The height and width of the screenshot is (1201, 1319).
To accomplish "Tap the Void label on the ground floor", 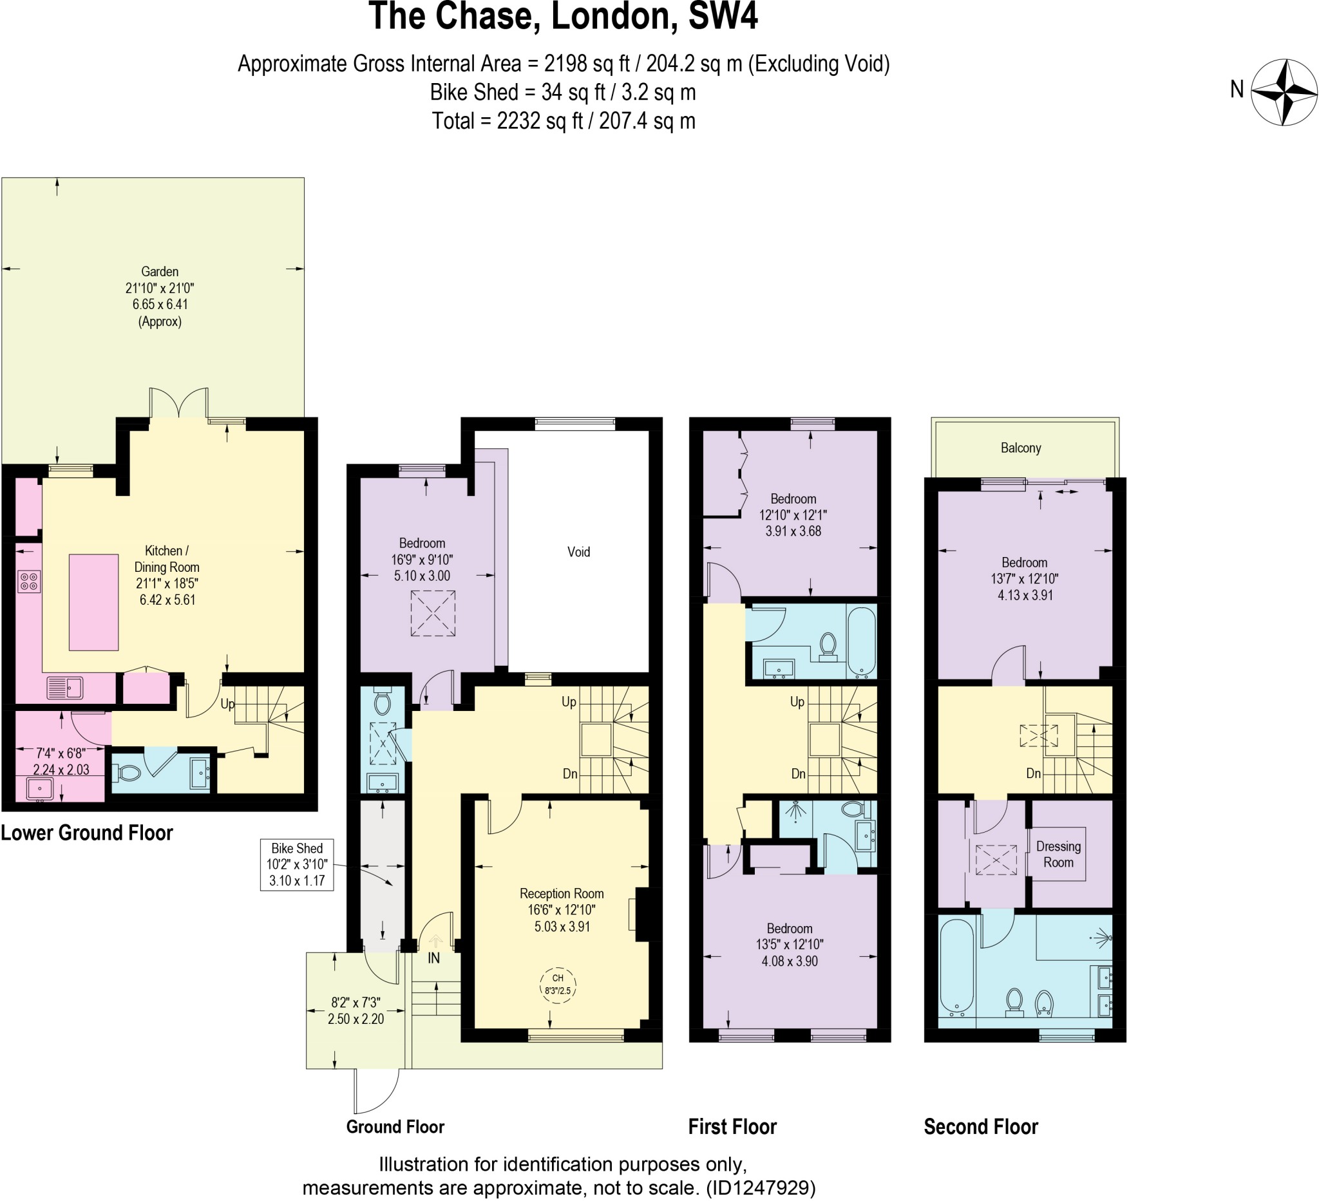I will coord(578,552).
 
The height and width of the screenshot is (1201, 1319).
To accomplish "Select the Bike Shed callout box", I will coord(297,865).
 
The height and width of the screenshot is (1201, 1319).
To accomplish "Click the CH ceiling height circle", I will coord(558,985).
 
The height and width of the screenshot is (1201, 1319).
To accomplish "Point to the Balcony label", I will coord(1020,448).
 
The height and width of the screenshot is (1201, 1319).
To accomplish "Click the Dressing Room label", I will coord(1058,855).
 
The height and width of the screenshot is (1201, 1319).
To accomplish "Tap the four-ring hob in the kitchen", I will coord(29,582).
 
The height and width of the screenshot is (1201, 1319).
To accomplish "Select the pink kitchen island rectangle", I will coord(93,603).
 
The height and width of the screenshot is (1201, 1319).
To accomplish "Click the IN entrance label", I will coord(434,958).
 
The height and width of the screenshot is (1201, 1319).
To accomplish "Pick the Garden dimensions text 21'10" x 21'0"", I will coord(160,288).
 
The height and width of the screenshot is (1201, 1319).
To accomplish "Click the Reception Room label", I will coord(562,894).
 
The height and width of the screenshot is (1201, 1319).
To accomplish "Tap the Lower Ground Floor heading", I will coord(86,833).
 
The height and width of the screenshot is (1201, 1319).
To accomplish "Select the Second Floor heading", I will coord(980,1127).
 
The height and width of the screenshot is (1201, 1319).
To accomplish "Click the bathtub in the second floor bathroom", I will coord(957,966).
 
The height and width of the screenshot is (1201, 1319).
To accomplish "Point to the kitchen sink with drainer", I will coord(65,688).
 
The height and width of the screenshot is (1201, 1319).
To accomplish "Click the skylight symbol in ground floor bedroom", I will coord(432,614).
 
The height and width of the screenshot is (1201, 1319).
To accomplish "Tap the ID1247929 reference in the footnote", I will coord(760,1188).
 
